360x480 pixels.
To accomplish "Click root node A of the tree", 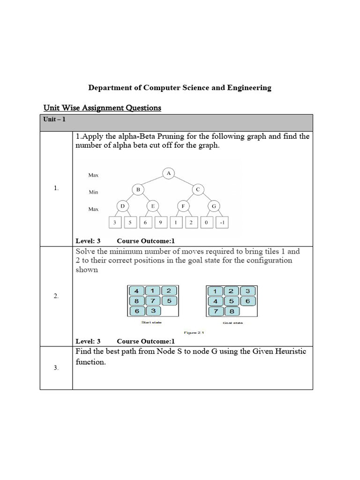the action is pyautogui.click(x=168, y=173).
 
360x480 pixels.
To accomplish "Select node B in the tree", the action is pyautogui.click(x=138, y=189).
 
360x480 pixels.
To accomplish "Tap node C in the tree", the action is pyautogui.click(x=198, y=189).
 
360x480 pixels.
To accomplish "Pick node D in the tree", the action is pyautogui.click(x=122, y=206).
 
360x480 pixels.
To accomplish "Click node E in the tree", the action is pyautogui.click(x=153, y=206).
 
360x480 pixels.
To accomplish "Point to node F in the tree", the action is pyautogui.click(x=183, y=206).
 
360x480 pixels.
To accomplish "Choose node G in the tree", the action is pyautogui.click(x=214, y=206).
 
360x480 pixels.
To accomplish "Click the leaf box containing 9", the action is pyautogui.click(x=160, y=223).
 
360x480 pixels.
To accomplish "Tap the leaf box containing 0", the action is pyautogui.click(x=206, y=223).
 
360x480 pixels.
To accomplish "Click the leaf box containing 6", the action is pyautogui.click(x=145, y=223).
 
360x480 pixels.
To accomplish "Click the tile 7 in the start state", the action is pyautogui.click(x=152, y=300).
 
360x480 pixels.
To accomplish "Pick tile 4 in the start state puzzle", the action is pyautogui.click(x=136, y=290).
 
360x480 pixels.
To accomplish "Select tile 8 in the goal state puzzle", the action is pyautogui.click(x=231, y=311).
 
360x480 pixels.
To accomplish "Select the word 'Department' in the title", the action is pyautogui.click(x=110, y=88).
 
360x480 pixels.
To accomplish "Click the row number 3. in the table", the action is pyautogui.click(x=56, y=368).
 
